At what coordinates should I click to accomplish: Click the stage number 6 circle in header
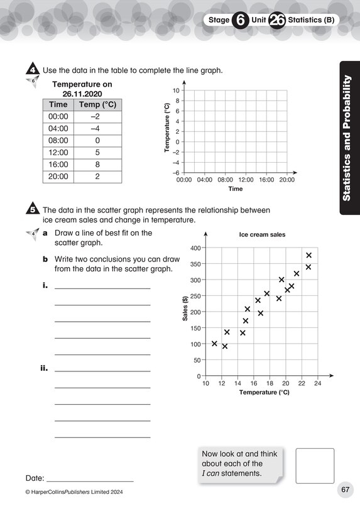click(240, 20)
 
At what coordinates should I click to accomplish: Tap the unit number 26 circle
click(277, 20)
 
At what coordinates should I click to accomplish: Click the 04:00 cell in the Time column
click(58, 129)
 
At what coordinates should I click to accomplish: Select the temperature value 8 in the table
click(97, 165)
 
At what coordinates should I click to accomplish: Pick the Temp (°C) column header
click(97, 105)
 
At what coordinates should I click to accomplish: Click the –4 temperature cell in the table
click(97, 129)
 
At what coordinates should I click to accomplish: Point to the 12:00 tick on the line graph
click(246, 180)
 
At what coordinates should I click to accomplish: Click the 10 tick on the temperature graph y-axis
click(177, 91)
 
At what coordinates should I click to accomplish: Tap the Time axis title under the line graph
click(235, 189)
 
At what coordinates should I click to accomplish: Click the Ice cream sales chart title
click(262, 234)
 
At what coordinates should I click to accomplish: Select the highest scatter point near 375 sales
click(308, 255)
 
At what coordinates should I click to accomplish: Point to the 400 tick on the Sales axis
click(195, 248)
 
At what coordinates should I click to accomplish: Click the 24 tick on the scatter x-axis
click(318, 383)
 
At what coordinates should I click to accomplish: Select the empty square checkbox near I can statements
click(314, 466)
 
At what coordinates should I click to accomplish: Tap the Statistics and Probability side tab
click(349, 138)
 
